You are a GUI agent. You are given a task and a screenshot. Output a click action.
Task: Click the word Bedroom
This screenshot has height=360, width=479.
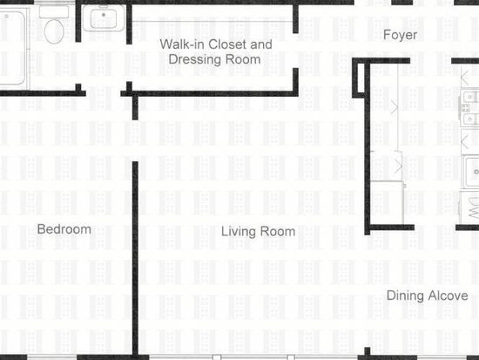click(x=64, y=229)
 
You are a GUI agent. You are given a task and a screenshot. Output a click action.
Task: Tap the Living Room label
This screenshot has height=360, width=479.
click(x=258, y=232)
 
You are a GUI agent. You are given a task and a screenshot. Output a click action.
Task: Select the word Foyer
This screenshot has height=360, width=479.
click(x=400, y=35)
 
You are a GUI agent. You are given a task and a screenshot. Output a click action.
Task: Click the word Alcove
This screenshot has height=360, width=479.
click(x=448, y=295)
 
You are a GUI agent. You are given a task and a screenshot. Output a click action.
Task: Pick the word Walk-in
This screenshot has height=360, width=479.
click(x=182, y=44)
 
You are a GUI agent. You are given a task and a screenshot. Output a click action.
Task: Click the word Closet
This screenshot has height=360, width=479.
click(x=226, y=44)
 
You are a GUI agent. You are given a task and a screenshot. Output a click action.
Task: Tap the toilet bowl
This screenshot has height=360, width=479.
click(x=54, y=31)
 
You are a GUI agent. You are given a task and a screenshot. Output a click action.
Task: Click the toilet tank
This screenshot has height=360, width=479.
click(x=54, y=12)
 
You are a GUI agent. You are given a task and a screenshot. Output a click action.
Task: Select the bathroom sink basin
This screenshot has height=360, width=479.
click(x=104, y=18)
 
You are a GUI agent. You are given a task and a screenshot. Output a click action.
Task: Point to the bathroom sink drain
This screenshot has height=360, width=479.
click(x=104, y=15)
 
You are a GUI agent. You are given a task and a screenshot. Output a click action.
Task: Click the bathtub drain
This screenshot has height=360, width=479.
click(x=6, y=17)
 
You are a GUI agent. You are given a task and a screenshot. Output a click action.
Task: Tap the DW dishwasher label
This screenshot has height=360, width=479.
click(x=473, y=208)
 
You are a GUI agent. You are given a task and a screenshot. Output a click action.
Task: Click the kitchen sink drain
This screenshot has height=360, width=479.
click(x=476, y=172)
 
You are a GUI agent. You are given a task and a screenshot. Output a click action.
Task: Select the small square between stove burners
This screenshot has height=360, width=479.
click(x=466, y=108)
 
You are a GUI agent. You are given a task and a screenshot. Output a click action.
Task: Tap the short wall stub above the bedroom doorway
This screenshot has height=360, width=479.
click(x=135, y=106)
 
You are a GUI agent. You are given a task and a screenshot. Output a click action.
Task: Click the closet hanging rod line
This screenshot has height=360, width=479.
click(x=213, y=22)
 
